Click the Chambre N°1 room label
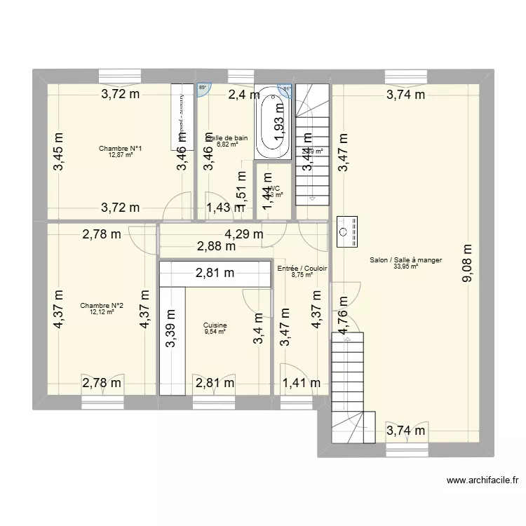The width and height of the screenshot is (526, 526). click(x=121, y=148)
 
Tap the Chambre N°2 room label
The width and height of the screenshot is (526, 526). click(x=102, y=305)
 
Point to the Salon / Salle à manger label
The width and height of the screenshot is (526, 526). click(x=405, y=259)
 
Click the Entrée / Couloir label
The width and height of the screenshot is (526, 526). click(x=302, y=268)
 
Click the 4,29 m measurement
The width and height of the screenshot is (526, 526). click(x=243, y=234)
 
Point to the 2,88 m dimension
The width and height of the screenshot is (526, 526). click(x=215, y=246)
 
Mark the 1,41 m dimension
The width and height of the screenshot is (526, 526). click(x=301, y=382)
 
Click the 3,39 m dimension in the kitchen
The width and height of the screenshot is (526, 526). click(x=170, y=326)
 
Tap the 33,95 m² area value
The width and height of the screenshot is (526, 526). click(x=405, y=267)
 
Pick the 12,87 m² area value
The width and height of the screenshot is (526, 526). click(x=121, y=155)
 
